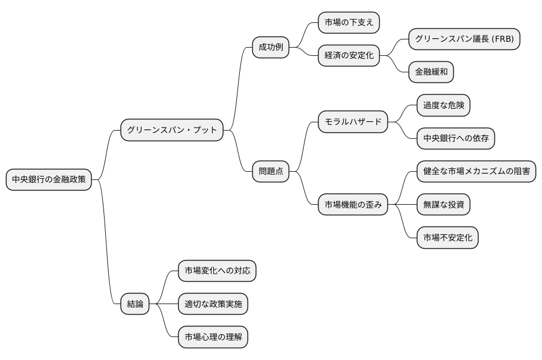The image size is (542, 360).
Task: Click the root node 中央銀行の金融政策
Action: tap(49, 179)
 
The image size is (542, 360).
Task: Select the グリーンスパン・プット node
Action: tap(172, 129)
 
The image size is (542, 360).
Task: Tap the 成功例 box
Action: tap(270, 48)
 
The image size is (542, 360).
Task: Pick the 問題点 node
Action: tap(270, 171)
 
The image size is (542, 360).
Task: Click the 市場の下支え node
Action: tap(349, 23)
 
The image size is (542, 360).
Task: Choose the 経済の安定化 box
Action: tap(349, 56)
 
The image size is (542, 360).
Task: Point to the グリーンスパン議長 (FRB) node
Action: tap(464, 39)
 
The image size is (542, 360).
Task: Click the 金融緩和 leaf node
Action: tap(431, 72)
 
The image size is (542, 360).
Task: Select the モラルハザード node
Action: tap(353, 122)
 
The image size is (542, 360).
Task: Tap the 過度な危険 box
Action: tap(443, 105)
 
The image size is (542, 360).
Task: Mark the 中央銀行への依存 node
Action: tap(456, 138)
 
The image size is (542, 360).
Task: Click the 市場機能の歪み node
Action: tap(353, 205)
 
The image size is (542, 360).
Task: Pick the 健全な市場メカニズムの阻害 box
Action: tap(476, 171)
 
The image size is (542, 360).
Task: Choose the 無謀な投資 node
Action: tap(443, 205)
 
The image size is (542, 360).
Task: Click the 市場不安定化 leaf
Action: tap(447, 238)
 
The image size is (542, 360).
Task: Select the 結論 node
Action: tap(135, 304)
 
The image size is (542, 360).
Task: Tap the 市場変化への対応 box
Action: tap(217, 271)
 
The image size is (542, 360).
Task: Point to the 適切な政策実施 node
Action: tap(213, 304)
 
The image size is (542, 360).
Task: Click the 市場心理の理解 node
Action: tap(213, 337)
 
